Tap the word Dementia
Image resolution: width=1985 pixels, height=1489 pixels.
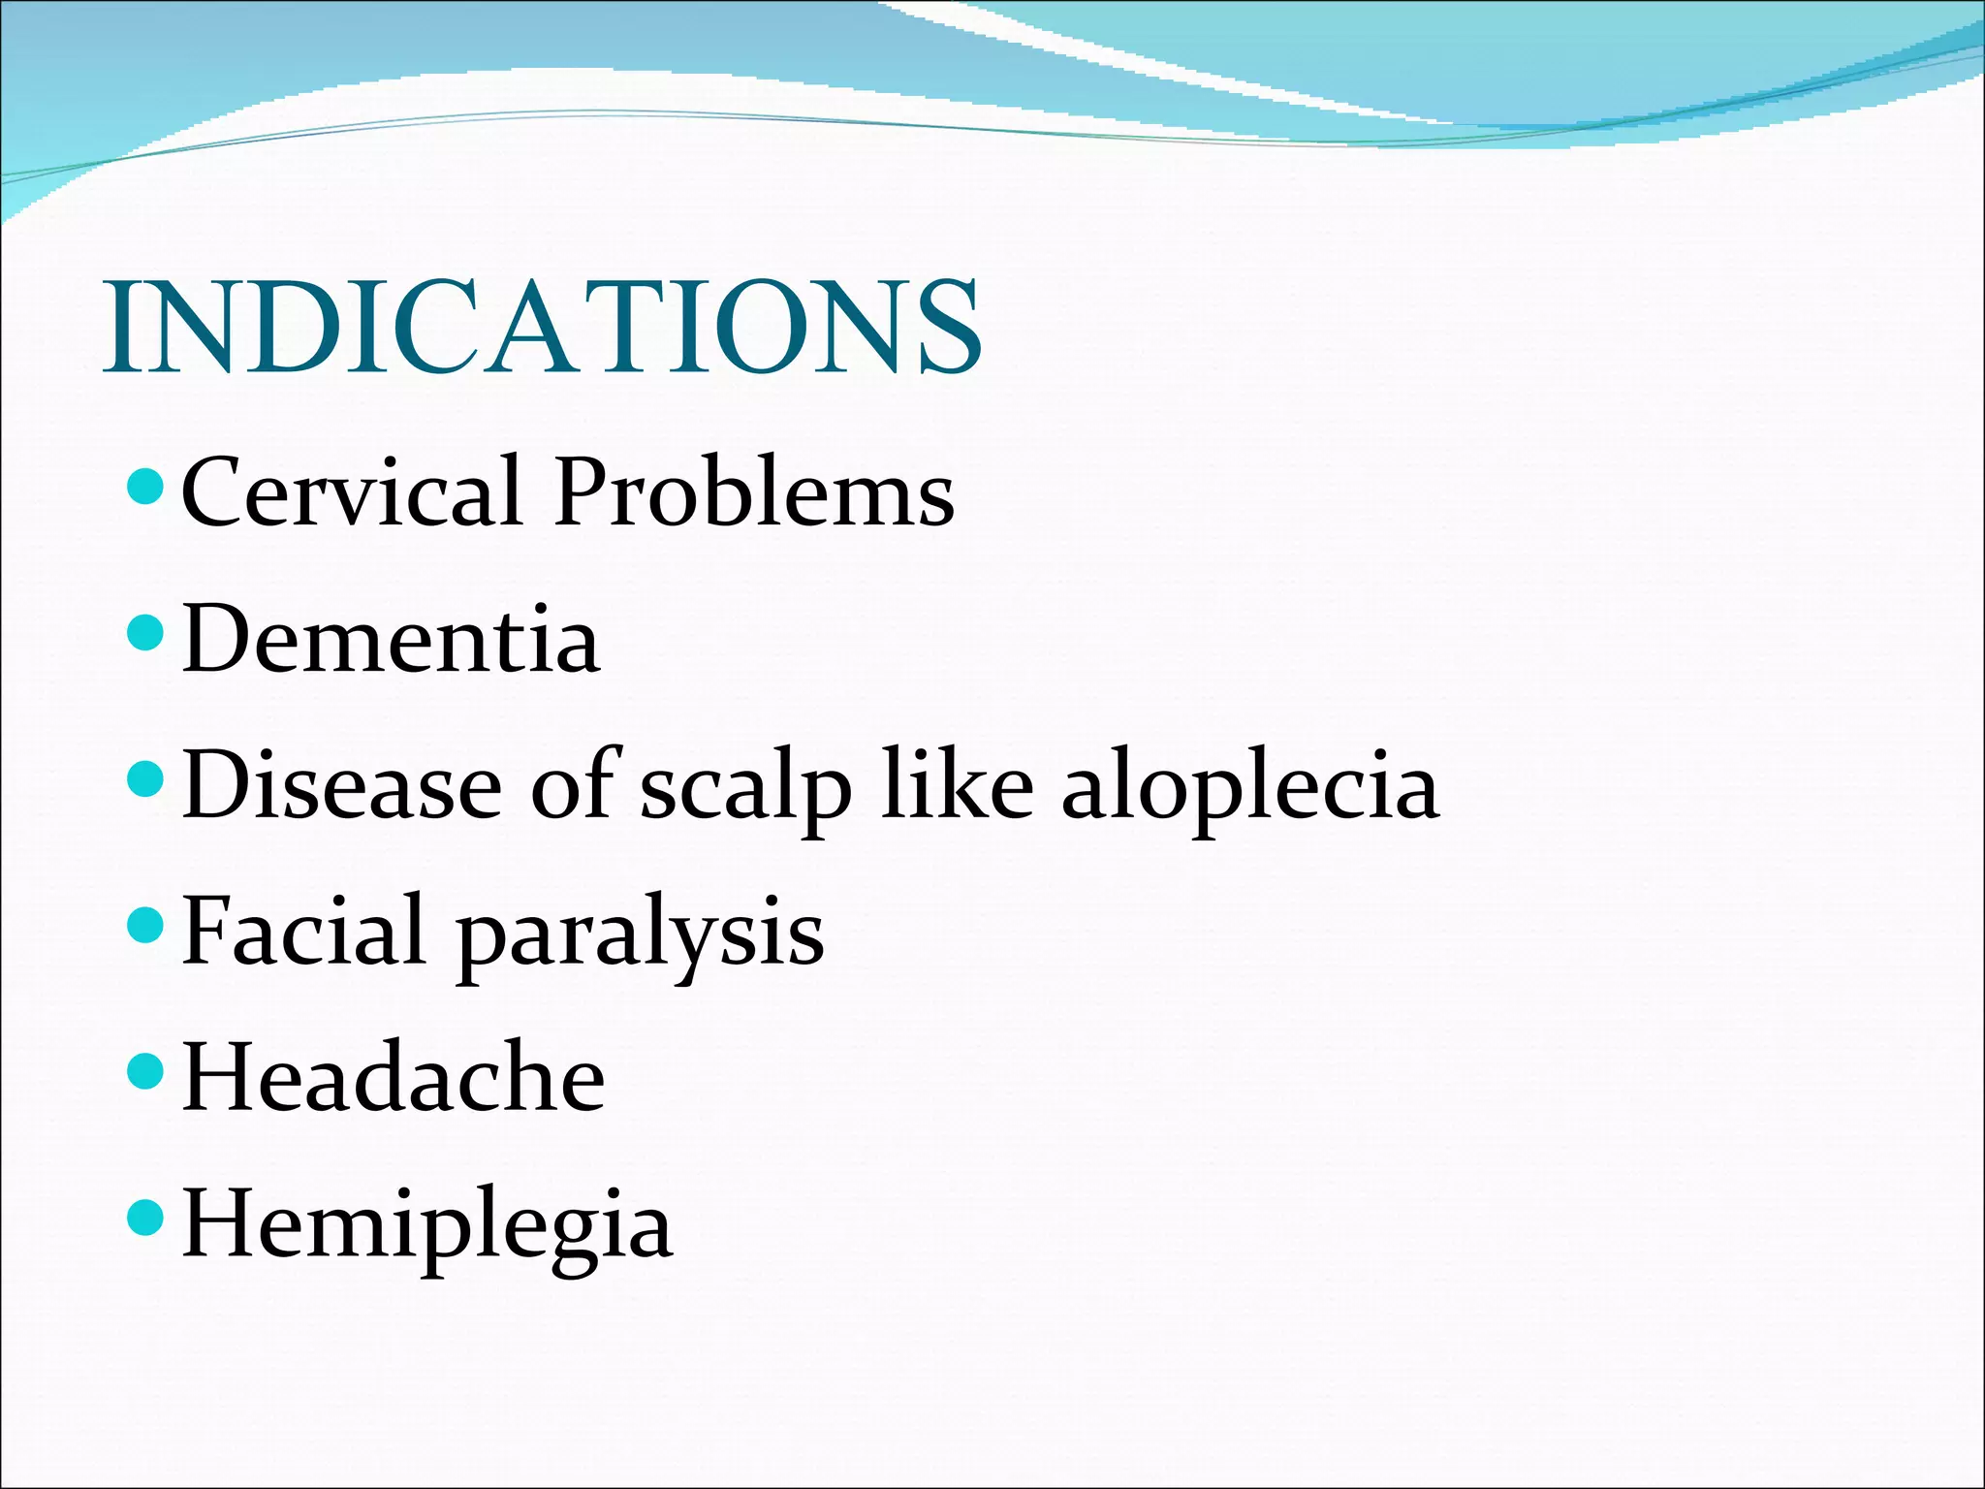point(391,639)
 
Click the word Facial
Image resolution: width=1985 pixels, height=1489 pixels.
point(303,931)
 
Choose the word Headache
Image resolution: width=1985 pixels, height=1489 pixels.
point(394,1077)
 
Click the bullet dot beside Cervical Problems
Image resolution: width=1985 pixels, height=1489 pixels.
point(146,487)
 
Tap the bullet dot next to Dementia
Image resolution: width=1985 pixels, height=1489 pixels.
point(146,633)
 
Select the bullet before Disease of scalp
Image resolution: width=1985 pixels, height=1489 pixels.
point(146,779)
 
